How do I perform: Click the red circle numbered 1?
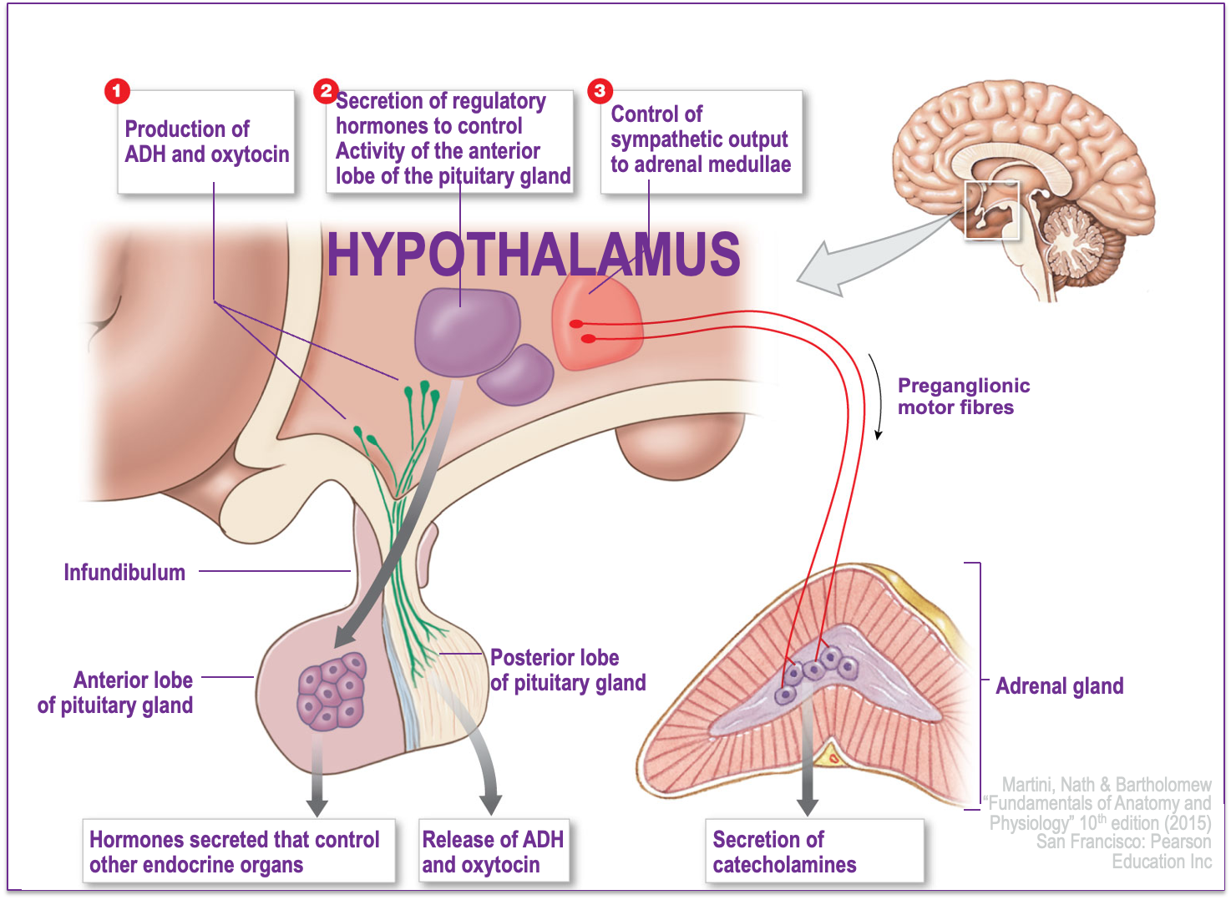coord(117,90)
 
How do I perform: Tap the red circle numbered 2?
coord(326,90)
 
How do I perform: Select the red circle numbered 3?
coord(600,90)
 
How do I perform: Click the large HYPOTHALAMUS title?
coord(533,255)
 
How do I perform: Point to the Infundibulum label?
coord(124,573)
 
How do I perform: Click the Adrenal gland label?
coord(1059,686)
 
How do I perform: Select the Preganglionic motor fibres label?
coord(963,397)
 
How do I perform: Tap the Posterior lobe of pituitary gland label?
coord(568,670)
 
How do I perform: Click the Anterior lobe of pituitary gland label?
coord(115,693)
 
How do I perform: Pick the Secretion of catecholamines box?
coord(814,852)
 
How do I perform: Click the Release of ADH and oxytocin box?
coord(493,852)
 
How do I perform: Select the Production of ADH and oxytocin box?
coord(206,142)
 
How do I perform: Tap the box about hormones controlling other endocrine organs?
coord(238,852)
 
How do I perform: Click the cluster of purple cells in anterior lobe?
coord(332,691)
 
